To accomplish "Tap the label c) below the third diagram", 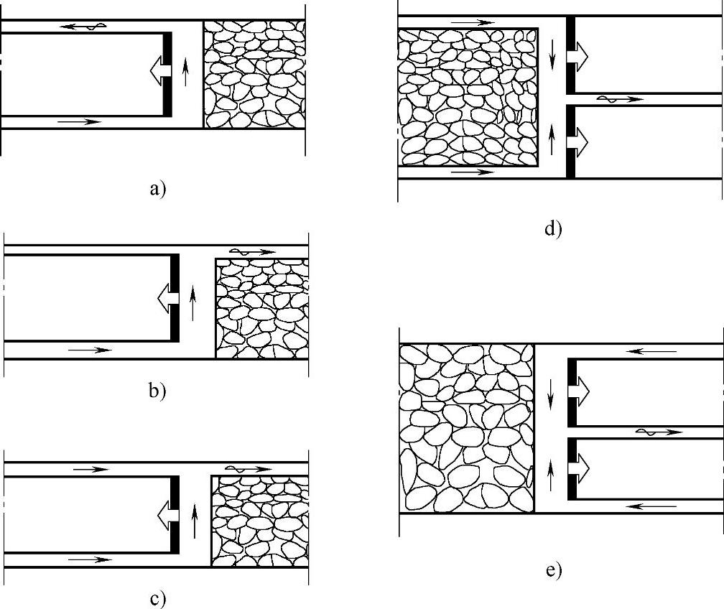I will [157, 598].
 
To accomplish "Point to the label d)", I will [553, 229].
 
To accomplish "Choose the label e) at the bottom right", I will [553, 571].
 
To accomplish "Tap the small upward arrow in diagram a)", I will [186, 73].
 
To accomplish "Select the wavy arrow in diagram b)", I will [252, 252].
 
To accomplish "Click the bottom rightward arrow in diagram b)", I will [89, 350].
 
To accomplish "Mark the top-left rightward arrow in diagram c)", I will [90, 470].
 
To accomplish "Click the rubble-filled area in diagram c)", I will [259, 520].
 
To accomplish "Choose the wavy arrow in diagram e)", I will [658, 432].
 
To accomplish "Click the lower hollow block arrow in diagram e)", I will [579, 467].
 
